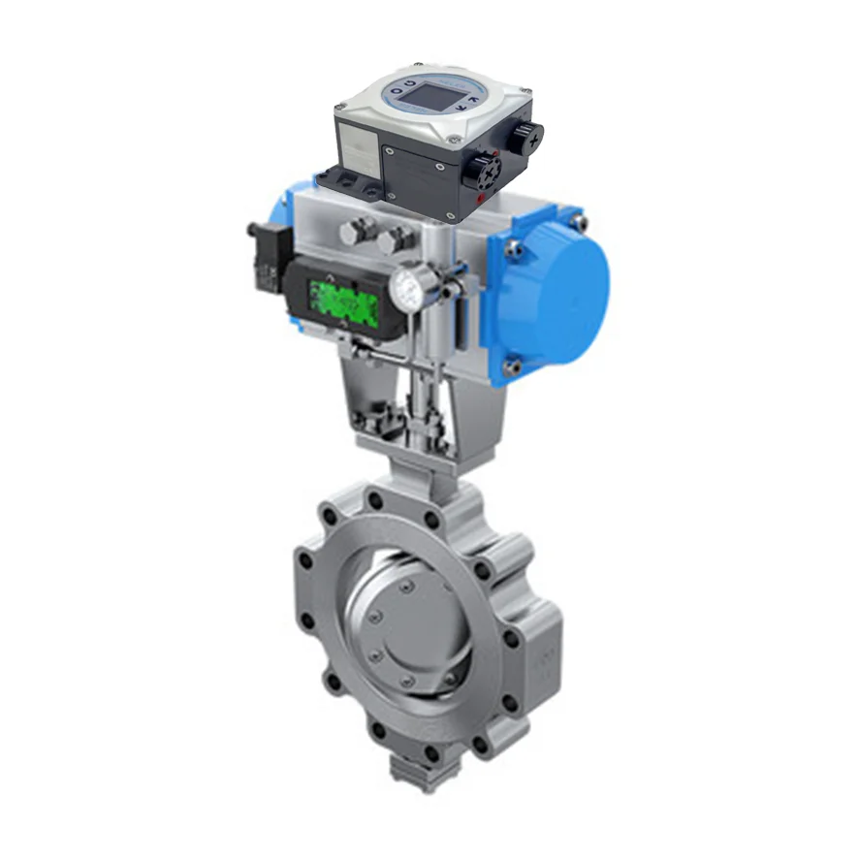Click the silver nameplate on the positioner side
[x=359, y=150]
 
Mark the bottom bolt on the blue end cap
[x=515, y=367]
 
